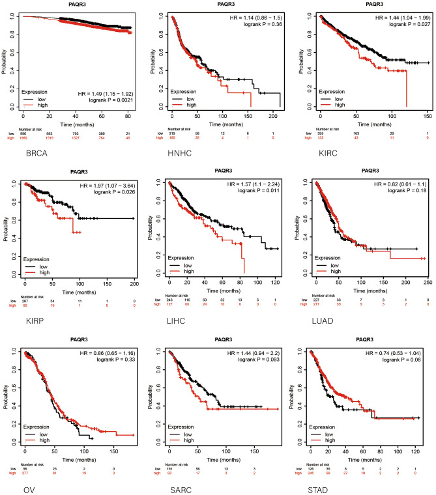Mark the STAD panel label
322,482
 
